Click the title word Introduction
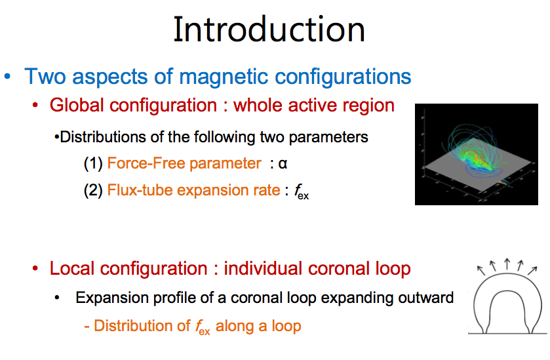269,30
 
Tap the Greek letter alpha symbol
283,163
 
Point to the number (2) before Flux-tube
93,191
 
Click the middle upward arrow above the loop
507,264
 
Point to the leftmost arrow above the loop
481,270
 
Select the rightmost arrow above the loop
532,270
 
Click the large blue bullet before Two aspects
7,77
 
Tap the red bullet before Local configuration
35,269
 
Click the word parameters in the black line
328,138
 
